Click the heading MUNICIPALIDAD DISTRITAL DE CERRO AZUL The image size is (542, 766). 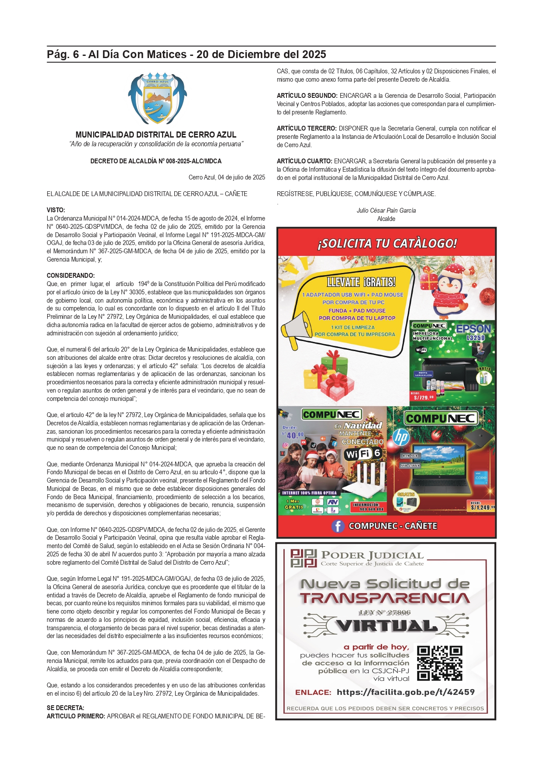pos(156,135)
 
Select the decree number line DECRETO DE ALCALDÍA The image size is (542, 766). pos(156,161)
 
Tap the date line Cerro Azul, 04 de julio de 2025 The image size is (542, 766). pos(227,177)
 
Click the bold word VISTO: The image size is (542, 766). pos(56,210)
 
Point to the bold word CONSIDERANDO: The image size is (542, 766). pos(71,276)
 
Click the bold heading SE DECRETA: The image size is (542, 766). pos(66,708)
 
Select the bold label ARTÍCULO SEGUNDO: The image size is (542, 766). pos(307,96)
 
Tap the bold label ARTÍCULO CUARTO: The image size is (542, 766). pos(304,161)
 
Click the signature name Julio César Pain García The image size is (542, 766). pos(386,210)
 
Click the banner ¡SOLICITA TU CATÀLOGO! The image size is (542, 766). pos(387,243)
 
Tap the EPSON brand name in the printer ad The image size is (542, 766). pos(473,329)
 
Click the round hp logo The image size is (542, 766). pos(400,437)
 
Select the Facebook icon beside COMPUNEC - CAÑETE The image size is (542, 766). pos(338,526)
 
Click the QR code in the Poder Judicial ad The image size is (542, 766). pos(439,663)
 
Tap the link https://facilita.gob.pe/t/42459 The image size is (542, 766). pos(405,692)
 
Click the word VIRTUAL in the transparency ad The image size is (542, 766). pos(387,626)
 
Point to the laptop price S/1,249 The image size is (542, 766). pos(482,507)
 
